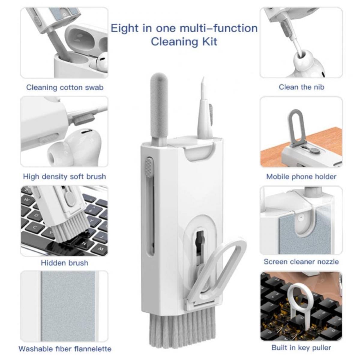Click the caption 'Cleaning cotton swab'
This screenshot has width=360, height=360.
click(x=64, y=88)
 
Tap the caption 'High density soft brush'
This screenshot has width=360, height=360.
click(x=64, y=176)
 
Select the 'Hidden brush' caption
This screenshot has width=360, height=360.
click(x=64, y=263)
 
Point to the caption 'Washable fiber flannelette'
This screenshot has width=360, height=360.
click(x=65, y=349)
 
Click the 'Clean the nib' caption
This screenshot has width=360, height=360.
click(x=301, y=87)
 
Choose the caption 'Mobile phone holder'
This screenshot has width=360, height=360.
click(x=301, y=177)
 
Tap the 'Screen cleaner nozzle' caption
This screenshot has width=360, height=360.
click(x=301, y=262)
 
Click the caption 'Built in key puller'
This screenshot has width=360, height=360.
click(x=301, y=348)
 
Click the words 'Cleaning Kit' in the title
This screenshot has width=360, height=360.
click(x=184, y=41)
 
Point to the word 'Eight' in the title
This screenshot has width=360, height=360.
click(x=124, y=28)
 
